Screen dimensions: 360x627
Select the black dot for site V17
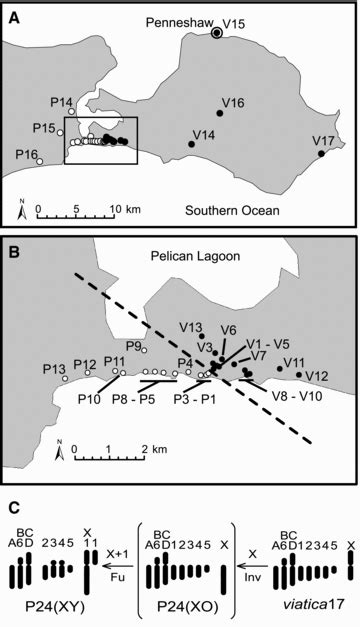(x=321, y=153)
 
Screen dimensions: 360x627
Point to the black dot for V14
(x=192, y=144)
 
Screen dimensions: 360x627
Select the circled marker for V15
(x=218, y=33)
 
